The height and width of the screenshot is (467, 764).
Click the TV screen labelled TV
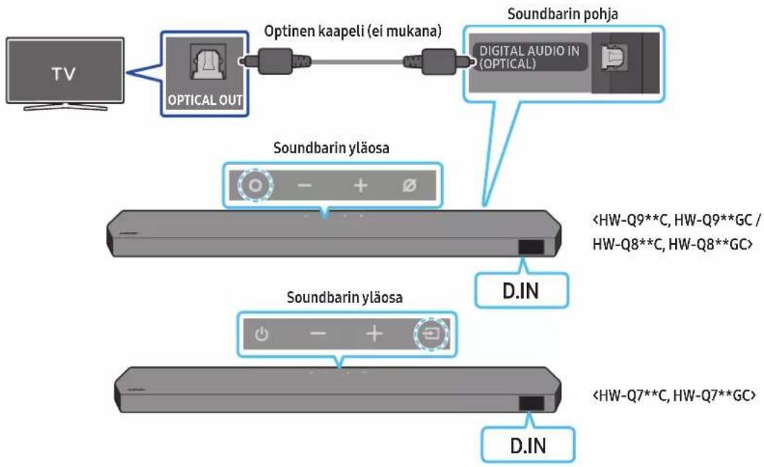point(65,71)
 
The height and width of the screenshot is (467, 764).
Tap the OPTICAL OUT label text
point(205,100)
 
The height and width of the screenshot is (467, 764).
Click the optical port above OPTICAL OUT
point(207,61)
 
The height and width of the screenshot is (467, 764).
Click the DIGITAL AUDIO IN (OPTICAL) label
point(529,57)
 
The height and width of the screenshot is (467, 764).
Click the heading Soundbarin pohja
point(563,14)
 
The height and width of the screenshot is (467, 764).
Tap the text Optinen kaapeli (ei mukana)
point(353,31)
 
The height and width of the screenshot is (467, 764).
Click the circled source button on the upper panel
point(255,185)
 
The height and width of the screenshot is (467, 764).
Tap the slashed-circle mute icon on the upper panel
point(409,185)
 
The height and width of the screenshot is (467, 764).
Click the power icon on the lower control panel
point(262,335)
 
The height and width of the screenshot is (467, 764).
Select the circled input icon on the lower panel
point(432,334)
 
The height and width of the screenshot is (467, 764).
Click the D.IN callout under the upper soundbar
point(521,291)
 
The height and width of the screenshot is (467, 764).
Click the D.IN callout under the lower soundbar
point(528,445)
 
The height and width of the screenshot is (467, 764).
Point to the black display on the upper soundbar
point(531,247)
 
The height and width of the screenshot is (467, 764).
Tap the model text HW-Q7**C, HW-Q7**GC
point(674,395)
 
